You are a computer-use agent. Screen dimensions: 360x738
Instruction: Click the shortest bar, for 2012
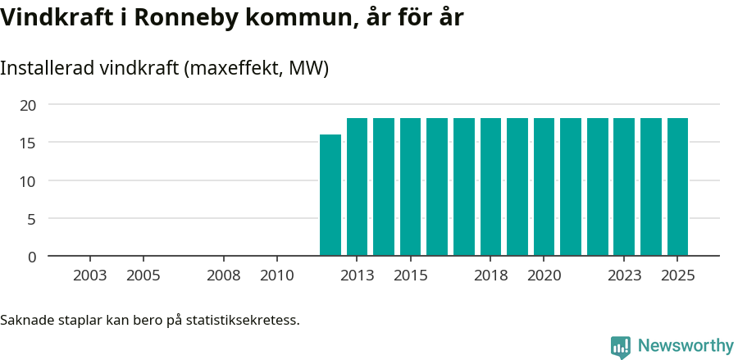click(x=330, y=195)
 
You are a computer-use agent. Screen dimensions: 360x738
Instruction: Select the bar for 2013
click(x=357, y=187)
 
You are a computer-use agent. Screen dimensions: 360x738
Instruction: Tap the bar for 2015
click(x=410, y=187)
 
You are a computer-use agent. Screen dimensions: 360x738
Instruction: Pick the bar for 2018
click(x=490, y=187)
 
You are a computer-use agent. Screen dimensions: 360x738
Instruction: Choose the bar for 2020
click(x=544, y=187)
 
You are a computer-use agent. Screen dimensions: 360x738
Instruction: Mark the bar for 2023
click(x=624, y=187)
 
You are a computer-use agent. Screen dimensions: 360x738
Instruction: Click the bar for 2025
click(x=677, y=187)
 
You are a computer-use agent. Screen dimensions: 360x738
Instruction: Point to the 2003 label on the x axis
click(x=90, y=276)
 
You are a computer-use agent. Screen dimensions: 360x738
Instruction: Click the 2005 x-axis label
click(x=143, y=276)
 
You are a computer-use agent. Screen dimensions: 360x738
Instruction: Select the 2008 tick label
click(x=223, y=276)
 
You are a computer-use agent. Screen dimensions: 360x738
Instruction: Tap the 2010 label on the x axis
click(x=276, y=276)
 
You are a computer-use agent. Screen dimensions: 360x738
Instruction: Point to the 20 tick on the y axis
click(x=28, y=105)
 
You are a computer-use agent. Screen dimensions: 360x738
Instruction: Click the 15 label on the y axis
click(x=28, y=143)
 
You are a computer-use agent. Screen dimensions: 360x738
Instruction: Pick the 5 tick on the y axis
click(x=32, y=219)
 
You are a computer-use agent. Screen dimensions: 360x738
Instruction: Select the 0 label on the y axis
click(x=32, y=257)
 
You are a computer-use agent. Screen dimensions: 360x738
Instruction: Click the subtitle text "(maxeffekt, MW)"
click(x=257, y=68)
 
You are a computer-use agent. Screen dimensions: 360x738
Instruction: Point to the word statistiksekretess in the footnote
click(x=243, y=319)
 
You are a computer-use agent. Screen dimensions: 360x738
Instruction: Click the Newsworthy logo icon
click(x=621, y=346)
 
